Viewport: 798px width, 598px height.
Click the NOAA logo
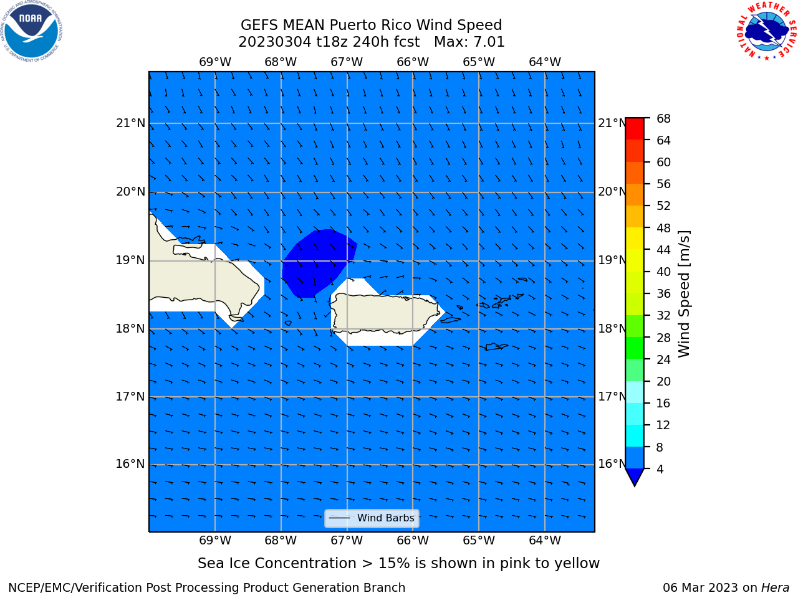pyautogui.click(x=31, y=31)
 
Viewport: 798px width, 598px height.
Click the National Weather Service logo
pyautogui.click(x=767, y=31)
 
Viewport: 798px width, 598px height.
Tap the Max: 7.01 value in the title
pyautogui.click(x=469, y=42)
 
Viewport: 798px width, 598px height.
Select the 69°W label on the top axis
pyautogui.click(x=215, y=62)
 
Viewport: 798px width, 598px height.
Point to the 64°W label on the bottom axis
pyautogui.click(x=545, y=540)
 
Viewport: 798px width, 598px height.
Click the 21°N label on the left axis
pyautogui.click(x=130, y=123)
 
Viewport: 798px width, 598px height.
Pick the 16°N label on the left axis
pyautogui.click(x=130, y=464)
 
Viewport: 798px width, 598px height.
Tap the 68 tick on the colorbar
pyautogui.click(x=663, y=118)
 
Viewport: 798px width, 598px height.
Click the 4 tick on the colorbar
pyautogui.click(x=660, y=469)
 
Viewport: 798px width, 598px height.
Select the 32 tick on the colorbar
pyautogui.click(x=663, y=315)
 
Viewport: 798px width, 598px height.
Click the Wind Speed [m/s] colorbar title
pyautogui.click(x=684, y=294)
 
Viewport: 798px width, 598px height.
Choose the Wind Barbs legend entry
pyautogui.click(x=372, y=518)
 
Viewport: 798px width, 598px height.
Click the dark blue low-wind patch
pyautogui.click(x=317, y=264)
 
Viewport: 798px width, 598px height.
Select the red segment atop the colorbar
pyautogui.click(x=635, y=129)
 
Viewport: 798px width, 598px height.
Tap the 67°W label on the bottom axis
pyautogui.click(x=347, y=540)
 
